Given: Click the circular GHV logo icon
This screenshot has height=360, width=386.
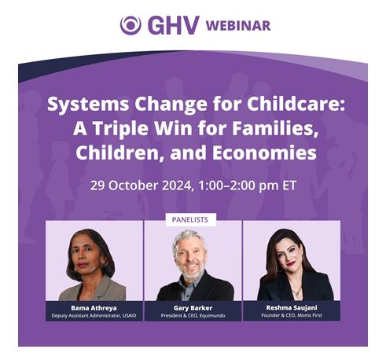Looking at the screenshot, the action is point(131,25).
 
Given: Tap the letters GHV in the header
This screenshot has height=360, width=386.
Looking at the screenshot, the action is point(174,25).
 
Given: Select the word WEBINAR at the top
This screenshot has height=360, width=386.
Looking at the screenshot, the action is point(238,26).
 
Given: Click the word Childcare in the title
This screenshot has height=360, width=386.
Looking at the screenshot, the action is point(296,104).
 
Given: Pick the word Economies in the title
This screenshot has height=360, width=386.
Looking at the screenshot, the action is point(264,152).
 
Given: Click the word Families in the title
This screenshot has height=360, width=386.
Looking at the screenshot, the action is point(275,128).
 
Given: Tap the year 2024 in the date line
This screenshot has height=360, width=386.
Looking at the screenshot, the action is point(177,186).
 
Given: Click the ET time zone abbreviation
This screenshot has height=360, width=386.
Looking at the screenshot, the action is point(289,186).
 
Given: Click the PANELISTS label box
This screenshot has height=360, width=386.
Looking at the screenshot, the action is point(190,219).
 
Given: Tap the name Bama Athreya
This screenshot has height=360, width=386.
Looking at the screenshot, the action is point(94,308).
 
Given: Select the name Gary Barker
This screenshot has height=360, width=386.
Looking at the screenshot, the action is point(193,308).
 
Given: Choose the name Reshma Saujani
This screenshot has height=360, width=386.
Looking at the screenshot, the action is point(292,307).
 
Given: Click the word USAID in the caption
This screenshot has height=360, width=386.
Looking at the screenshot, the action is point(129,316).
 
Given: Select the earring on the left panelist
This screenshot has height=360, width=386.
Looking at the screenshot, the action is point(103,266).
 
